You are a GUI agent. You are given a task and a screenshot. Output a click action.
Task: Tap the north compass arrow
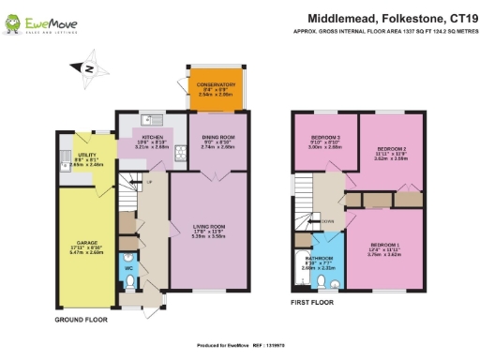88,67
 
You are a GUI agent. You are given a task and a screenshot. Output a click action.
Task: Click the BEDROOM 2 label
391,148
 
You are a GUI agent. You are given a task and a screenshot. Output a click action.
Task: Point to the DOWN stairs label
327,221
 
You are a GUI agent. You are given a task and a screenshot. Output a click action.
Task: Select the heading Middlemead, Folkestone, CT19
386,17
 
